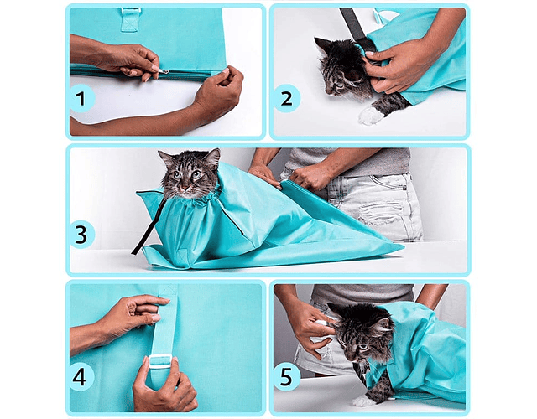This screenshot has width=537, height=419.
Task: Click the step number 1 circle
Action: [81, 99]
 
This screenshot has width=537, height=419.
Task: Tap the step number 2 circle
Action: [286, 99]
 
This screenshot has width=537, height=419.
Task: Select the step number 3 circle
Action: [81, 235]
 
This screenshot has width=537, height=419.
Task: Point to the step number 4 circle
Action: [81, 377]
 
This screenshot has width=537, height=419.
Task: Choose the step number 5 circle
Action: [286, 377]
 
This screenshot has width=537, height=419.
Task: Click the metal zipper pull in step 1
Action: [164, 71]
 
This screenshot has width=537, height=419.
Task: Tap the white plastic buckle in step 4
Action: [159, 361]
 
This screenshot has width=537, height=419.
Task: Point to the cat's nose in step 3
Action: [186, 188]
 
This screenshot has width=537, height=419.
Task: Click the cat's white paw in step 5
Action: [363, 401]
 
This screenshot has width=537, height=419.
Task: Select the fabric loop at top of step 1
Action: [131, 18]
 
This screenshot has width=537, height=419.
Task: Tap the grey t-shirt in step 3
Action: [349, 161]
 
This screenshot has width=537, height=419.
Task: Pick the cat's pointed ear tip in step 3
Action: [218, 149]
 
